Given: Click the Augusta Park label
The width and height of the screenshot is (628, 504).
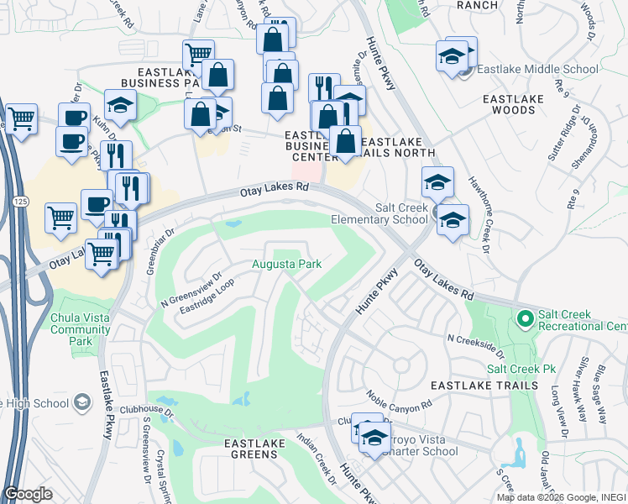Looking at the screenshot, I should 288,265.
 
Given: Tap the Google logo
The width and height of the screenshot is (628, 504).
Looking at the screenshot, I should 29,494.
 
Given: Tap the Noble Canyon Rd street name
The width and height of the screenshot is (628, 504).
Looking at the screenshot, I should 399,399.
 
